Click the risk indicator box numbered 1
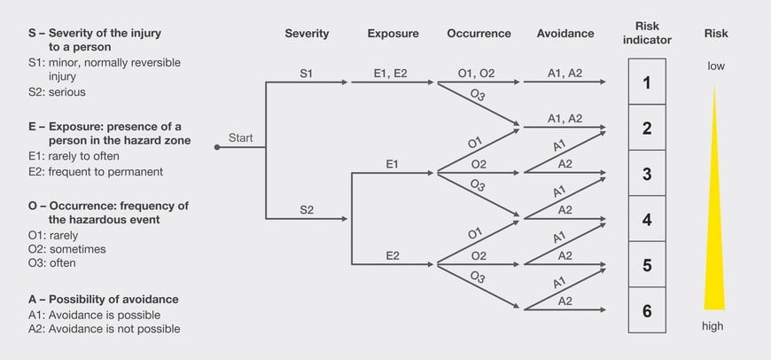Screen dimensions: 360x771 coord(647,82)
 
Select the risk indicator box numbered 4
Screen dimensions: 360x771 coord(647,219)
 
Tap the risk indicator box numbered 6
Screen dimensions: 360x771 coord(647,310)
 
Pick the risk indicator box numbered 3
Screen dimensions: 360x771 coord(647,174)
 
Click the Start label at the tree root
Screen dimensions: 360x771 coord(241,137)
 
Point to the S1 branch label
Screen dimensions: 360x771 coord(307,74)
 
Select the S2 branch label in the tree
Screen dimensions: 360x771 coord(307,209)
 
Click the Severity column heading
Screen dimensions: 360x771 coord(307,34)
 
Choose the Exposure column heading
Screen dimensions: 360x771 coord(393,34)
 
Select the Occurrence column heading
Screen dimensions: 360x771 coord(479,34)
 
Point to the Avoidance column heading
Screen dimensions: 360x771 coord(565,34)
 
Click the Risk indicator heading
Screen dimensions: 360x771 coord(647,33)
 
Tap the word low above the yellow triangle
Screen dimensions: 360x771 coord(716,66)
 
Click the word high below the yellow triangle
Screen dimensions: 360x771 coord(713,325)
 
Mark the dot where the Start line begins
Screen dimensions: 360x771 coord(217,147)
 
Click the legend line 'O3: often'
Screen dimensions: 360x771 coord(52,263)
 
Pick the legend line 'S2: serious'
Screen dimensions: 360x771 coord(57,91)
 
